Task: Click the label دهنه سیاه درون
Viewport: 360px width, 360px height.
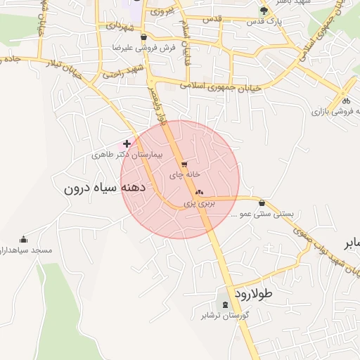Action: pos(104,188)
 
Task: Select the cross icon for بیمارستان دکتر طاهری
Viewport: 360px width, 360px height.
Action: pos(127,143)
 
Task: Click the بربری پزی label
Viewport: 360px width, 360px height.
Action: pos(198,202)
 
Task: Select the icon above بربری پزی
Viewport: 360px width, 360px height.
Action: pos(198,192)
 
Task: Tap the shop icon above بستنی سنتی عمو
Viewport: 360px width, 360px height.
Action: pos(262,202)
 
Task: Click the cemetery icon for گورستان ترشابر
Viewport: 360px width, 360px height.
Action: pos(225,304)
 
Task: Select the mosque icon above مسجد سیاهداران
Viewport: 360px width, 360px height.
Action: pos(23,239)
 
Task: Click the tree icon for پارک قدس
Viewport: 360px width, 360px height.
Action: pos(264,11)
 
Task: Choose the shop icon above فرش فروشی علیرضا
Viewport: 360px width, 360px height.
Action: pos(144,37)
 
